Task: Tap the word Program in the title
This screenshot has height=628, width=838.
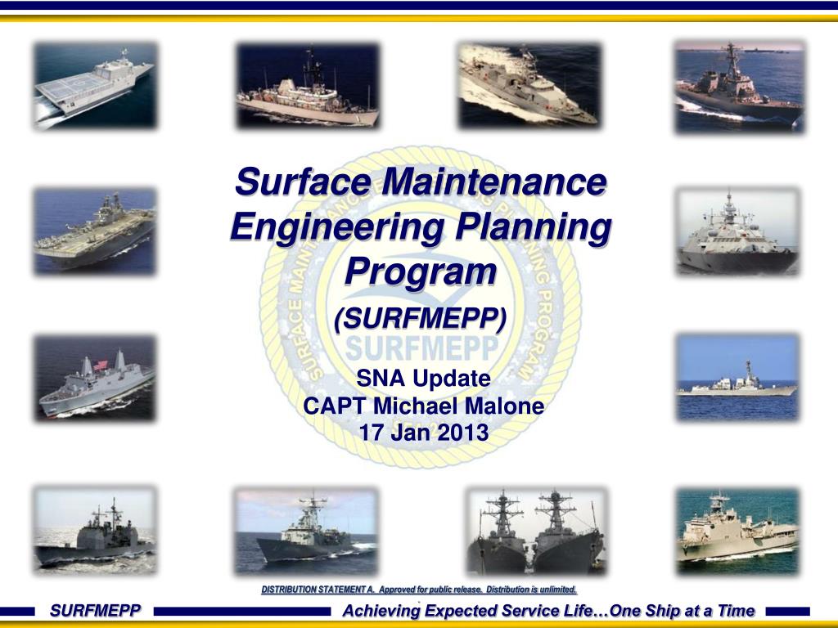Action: pos(420,271)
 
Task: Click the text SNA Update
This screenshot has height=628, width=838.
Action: pos(423,378)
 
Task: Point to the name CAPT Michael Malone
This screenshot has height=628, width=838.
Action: pos(423,405)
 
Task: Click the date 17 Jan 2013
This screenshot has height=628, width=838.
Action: pos(423,432)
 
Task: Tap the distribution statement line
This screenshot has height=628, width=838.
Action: pos(419,589)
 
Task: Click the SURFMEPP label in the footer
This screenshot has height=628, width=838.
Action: pos(95,610)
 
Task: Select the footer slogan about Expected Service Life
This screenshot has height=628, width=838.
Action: pos(548,610)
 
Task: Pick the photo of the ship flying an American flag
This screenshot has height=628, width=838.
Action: pos(95,378)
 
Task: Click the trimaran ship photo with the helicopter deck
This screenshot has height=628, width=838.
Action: pos(95,85)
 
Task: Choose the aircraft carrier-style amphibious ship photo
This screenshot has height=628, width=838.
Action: pos(95,231)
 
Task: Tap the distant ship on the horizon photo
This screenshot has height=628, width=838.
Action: pos(737,378)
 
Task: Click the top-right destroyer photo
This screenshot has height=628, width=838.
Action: pos(739,85)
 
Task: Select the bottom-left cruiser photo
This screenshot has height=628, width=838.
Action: pos(95,530)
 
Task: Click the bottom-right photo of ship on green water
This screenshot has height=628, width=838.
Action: pos(737,530)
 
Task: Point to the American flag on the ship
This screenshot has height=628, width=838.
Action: pos(101,365)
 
